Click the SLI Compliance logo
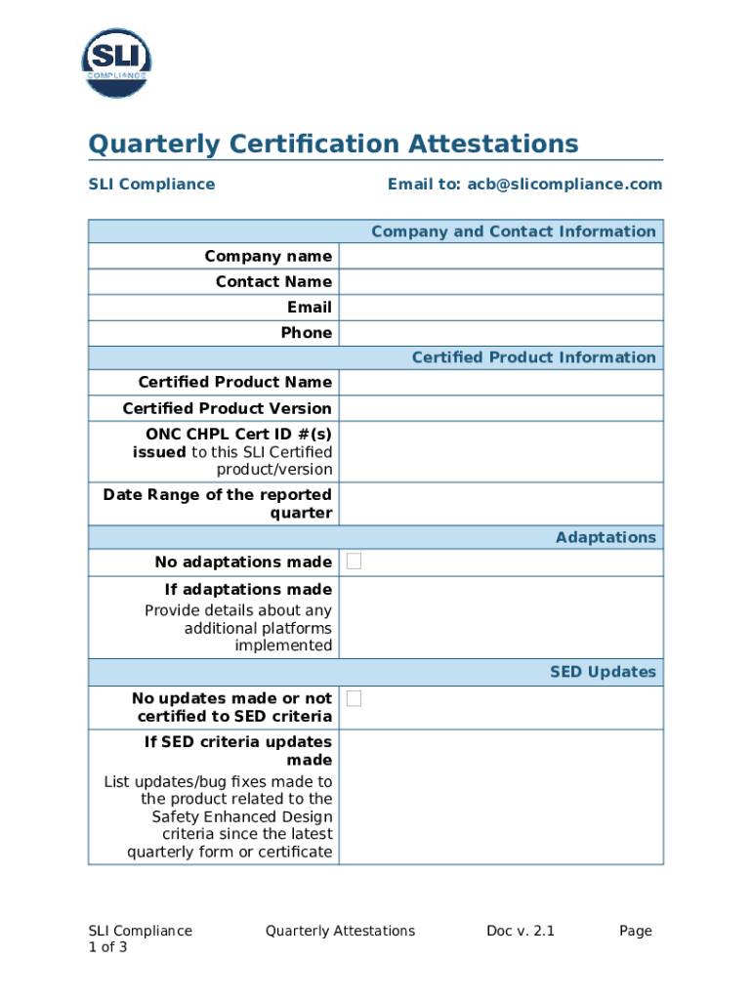tap(116, 62)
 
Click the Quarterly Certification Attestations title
tap(333, 145)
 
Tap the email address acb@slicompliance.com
tap(524, 184)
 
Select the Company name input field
tap(500, 256)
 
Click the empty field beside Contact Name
tap(500, 281)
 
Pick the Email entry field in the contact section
tap(500, 307)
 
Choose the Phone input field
tap(500, 332)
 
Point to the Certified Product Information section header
tap(533, 357)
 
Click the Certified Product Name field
tap(500, 382)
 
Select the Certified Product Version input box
tap(500, 408)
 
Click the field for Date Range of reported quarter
tap(500, 504)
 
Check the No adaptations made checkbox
tap(354, 562)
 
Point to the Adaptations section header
tap(606, 537)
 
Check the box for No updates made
tap(354, 698)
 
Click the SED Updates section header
tap(603, 672)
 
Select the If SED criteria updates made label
tap(238, 750)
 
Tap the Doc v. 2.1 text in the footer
tap(521, 931)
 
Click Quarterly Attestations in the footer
tap(340, 931)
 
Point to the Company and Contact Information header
tap(513, 231)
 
